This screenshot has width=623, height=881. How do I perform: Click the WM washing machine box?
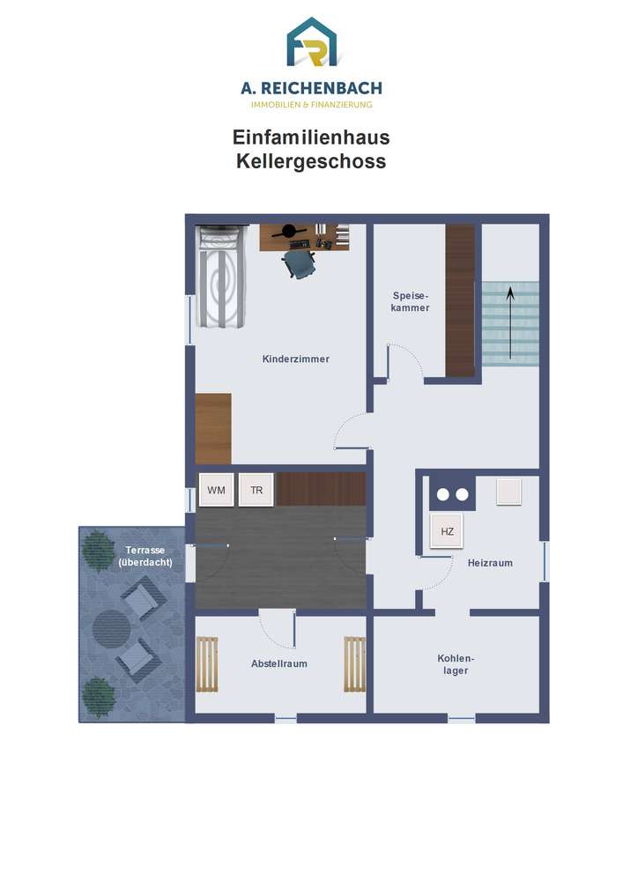point(216,490)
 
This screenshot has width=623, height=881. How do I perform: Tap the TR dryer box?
point(256,490)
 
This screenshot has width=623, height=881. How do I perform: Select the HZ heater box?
point(447,531)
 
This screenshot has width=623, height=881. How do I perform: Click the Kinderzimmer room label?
point(295,359)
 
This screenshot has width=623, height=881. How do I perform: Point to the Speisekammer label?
point(411,301)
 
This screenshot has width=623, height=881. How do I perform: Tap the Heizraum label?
point(490,563)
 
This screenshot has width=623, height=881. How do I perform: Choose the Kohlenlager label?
point(456,664)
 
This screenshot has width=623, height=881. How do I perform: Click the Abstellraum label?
point(279,663)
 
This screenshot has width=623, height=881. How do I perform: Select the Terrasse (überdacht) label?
point(145,556)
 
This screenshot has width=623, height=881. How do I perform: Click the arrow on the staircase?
point(510,323)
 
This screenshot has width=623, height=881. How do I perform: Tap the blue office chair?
point(299,263)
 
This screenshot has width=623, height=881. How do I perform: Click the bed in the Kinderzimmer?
point(221,276)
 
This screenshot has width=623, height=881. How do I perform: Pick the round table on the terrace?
point(111,629)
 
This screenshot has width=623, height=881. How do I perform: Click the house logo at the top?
point(312,42)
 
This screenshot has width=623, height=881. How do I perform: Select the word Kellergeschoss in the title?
point(311,161)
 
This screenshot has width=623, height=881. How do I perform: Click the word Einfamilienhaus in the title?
point(311,137)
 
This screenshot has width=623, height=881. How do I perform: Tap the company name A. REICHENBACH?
point(311,88)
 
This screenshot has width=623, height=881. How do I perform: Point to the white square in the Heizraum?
point(509,492)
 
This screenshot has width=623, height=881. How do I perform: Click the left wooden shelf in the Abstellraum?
point(207,664)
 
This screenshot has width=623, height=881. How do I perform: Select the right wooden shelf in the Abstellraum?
point(354,664)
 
